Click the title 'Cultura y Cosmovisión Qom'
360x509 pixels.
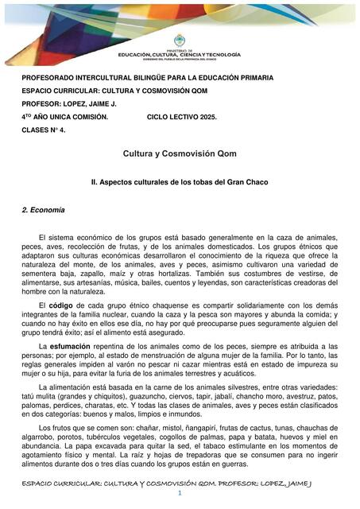pyautogui.click(x=180, y=153)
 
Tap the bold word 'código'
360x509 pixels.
pyautogui.click(x=66, y=305)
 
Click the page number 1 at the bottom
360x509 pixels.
pyautogui.click(x=180, y=495)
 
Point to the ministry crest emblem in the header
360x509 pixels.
pyautogui.click(x=179, y=40)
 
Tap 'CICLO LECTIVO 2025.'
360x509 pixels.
pyautogui.click(x=182, y=116)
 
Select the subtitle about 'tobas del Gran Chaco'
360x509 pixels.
pyautogui.click(x=180, y=182)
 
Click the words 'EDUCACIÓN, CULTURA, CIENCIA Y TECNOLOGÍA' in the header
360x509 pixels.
pyautogui.click(x=180, y=56)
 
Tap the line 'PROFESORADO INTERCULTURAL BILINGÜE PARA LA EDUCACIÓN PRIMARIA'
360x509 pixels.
pyautogui.click(x=147, y=78)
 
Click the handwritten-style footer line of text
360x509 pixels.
pyautogui.click(x=180, y=482)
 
